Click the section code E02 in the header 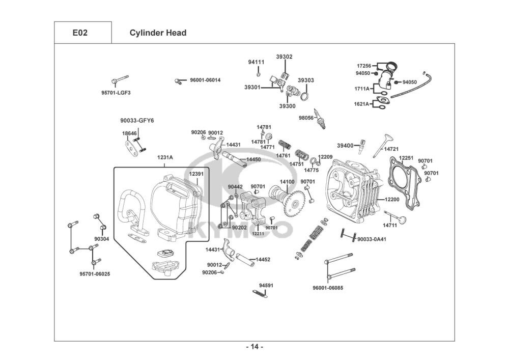pyautogui.click(x=80, y=33)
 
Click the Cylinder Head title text pyautogui.click(x=158, y=33)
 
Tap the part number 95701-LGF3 pyautogui.click(x=116, y=93)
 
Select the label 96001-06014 pyautogui.click(x=205, y=80)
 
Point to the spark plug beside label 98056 pyautogui.click(x=322, y=119)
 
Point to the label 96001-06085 pyautogui.click(x=328, y=288)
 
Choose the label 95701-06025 pyautogui.click(x=95, y=274)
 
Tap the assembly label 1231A pyautogui.click(x=165, y=158)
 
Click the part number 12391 pyautogui.click(x=196, y=174)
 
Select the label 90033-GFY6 pyautogui.click(x=137, y=121)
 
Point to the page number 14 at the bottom pyautogui.click(x=254, y=347)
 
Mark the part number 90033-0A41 pyautogui.click(x=372, y=239)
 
